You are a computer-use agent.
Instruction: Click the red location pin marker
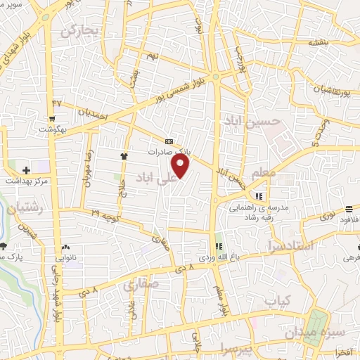181,166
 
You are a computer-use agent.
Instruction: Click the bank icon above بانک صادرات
169,141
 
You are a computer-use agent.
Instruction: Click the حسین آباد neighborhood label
252,121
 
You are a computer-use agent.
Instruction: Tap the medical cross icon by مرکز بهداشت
26,170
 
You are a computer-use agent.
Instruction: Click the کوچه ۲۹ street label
105,212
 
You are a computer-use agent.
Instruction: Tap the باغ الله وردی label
214,258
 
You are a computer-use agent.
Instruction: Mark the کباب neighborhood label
276,301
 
